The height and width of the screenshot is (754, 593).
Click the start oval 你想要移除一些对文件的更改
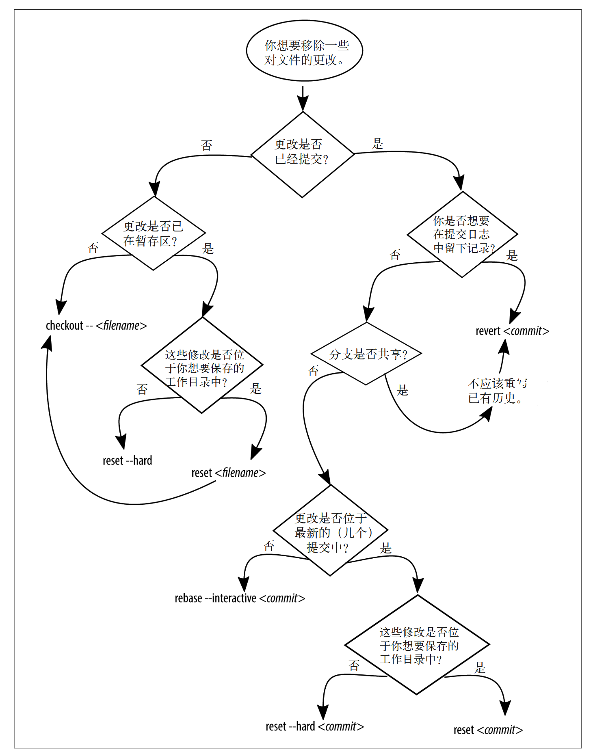click(x=304, y=51)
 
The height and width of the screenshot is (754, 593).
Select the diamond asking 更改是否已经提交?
click(x=302, y=154)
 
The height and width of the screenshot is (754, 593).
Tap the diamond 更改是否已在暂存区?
click(x=153, y=233)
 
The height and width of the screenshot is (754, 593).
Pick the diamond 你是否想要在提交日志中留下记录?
click(x=462, y=234)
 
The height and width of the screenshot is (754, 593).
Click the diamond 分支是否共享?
click(x=366, y=354)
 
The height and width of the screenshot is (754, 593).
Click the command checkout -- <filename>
click(x=96, y=326)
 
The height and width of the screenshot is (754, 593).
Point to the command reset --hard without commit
click(x=127, y=461)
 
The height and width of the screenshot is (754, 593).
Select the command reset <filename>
click(x=228, y=473)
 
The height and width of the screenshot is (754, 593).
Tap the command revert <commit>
click(x=512, y=331)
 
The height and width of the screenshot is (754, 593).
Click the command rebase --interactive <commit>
click(x=240, y=598)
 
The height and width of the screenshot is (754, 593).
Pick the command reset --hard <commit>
click(x=314, y=727)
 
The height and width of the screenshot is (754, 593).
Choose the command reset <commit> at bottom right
click(x=488, y=730)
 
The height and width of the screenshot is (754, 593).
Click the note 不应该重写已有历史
click(x=497, y=391)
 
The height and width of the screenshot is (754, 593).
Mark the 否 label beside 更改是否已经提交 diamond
click(x=207, y=145)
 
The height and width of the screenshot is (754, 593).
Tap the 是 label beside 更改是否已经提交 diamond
click(x=377, y=144)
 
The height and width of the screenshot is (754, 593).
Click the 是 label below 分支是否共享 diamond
click(x=402, y=391)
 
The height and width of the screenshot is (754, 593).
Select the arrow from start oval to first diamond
click(x=303, y=97)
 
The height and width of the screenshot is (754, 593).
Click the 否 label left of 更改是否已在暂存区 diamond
click(x=93, y=248)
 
